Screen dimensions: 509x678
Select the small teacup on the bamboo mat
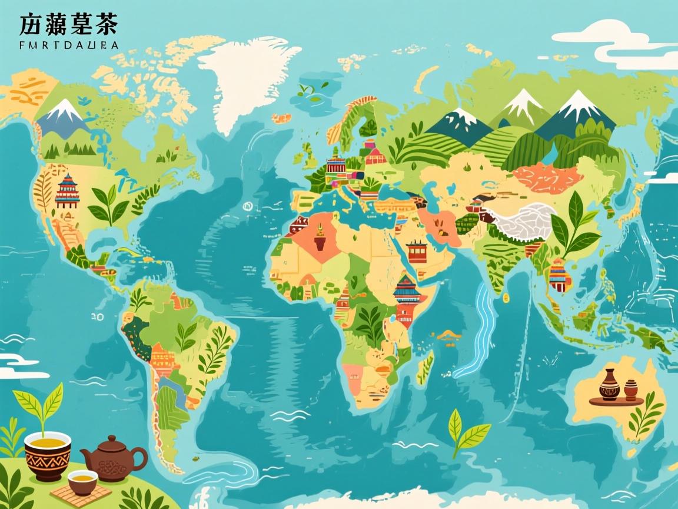point(82,481)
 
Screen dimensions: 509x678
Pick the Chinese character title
point(68,24)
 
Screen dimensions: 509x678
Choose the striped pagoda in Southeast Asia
point(560,275)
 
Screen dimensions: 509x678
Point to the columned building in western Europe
point(336,164)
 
